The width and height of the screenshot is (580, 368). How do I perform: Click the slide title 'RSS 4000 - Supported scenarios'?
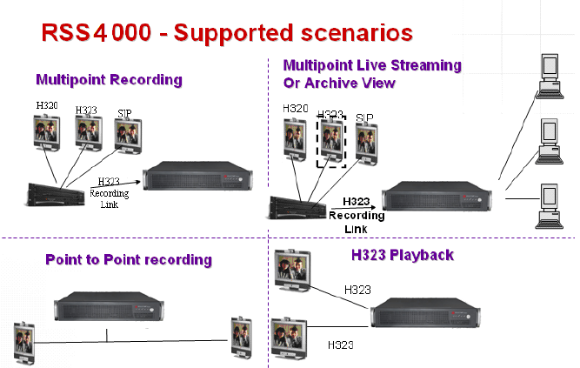click(x=227, y=32)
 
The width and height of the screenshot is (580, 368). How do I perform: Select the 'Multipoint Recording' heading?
click(x=109, y=80)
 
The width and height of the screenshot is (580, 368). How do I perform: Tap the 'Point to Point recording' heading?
click(x=128, y=259)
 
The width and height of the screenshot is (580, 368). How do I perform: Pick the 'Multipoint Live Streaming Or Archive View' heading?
click(x=372, y=74)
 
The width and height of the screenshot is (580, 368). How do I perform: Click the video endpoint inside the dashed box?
click(x=331, y=139)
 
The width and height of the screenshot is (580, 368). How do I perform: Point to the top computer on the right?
click(x=550, y=75)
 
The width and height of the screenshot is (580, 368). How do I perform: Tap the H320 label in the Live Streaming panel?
click(x=296, y=109)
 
